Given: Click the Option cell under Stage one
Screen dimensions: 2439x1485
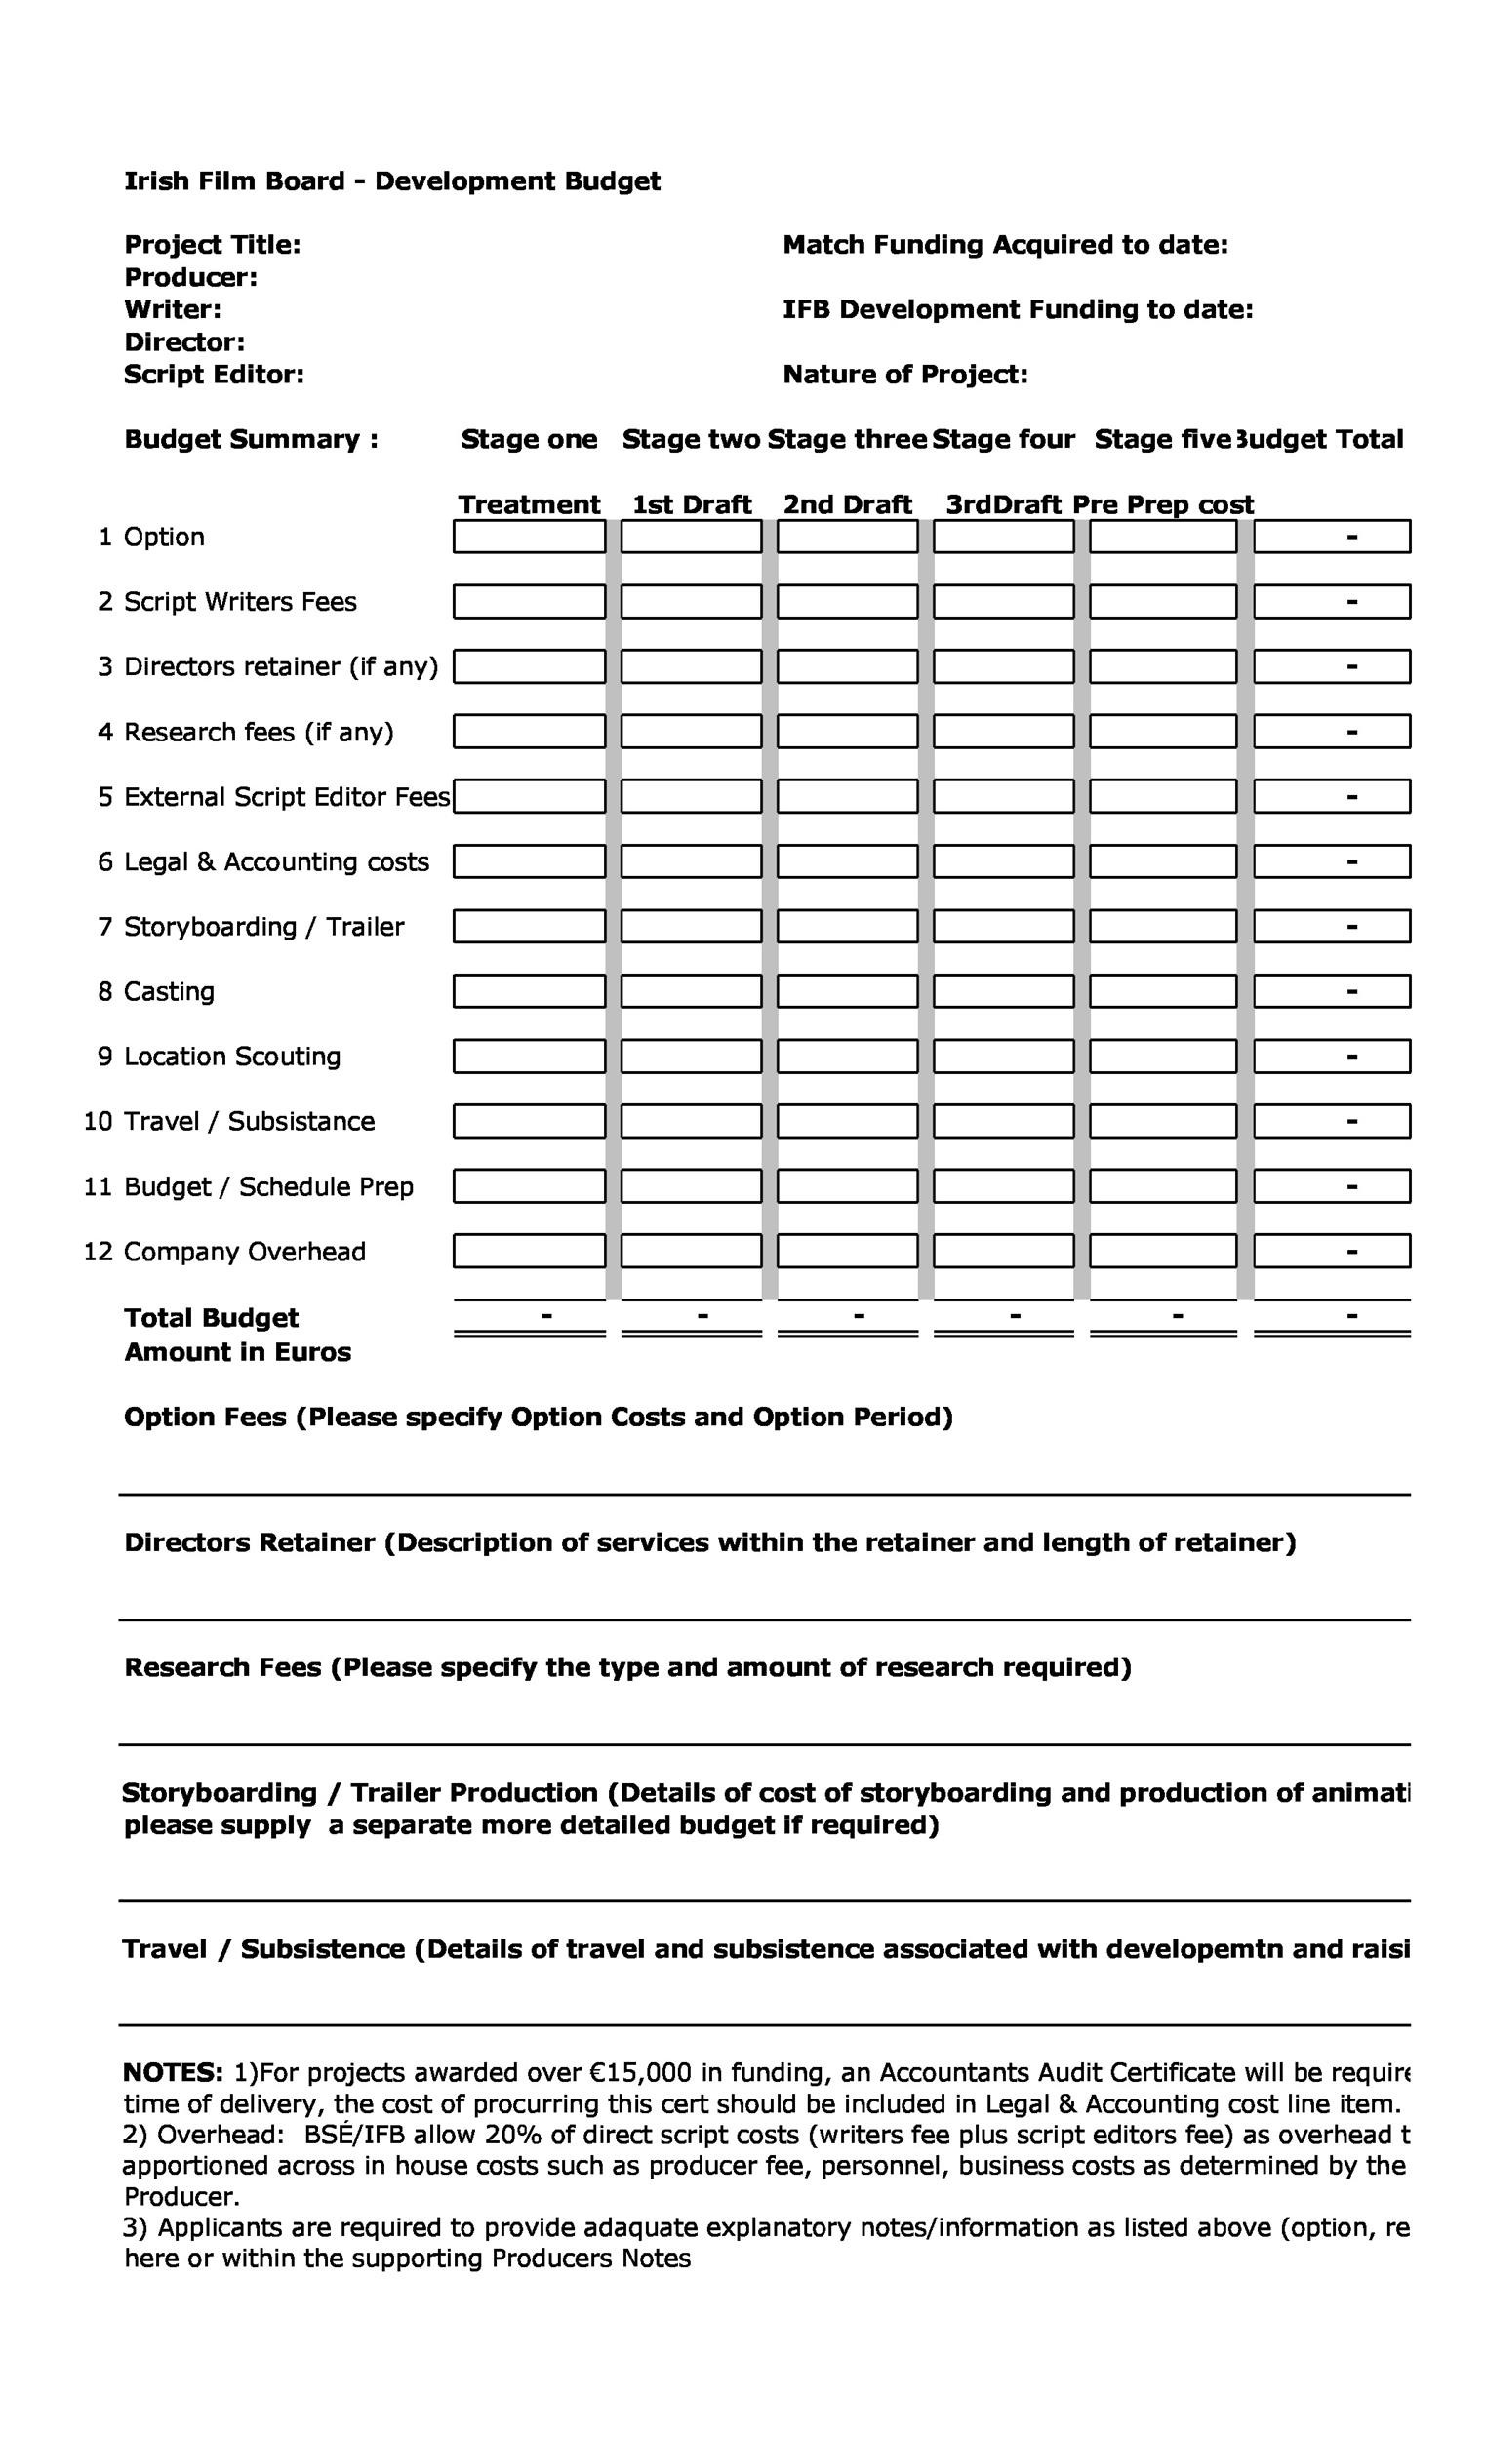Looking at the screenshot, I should point(529,537).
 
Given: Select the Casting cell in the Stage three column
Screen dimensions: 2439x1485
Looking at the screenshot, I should point(847,991).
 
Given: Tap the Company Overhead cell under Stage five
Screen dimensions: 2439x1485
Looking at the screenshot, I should point(1162,1251).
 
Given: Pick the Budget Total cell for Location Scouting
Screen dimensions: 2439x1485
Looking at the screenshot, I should point(1332,1057).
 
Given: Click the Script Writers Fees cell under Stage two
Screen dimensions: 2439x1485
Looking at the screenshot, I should point(691,602).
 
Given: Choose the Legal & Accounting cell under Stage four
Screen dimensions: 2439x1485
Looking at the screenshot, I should point(1003,861).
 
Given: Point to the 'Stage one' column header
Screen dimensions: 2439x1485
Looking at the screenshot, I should point(529,439).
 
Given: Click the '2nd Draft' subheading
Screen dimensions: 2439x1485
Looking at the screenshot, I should point(847,504).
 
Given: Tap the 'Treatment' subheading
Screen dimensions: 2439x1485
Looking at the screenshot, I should point(529,504).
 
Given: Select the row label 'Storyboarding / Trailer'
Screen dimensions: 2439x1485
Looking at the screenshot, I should point(263,927).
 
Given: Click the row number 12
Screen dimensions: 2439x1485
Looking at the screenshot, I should point(98,1251).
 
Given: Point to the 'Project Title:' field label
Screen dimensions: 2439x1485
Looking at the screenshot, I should point(212,245).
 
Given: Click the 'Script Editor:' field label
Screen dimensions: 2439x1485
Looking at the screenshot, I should point(214,375).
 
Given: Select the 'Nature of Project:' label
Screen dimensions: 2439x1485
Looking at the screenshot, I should point(904,375).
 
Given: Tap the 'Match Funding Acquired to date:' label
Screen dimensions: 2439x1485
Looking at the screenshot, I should point(1005,245).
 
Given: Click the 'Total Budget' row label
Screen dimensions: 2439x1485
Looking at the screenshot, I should point(211,1317).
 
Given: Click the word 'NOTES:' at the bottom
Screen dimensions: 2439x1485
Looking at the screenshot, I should point(174,2073).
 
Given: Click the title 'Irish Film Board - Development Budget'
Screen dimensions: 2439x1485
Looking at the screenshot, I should point(392,181).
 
